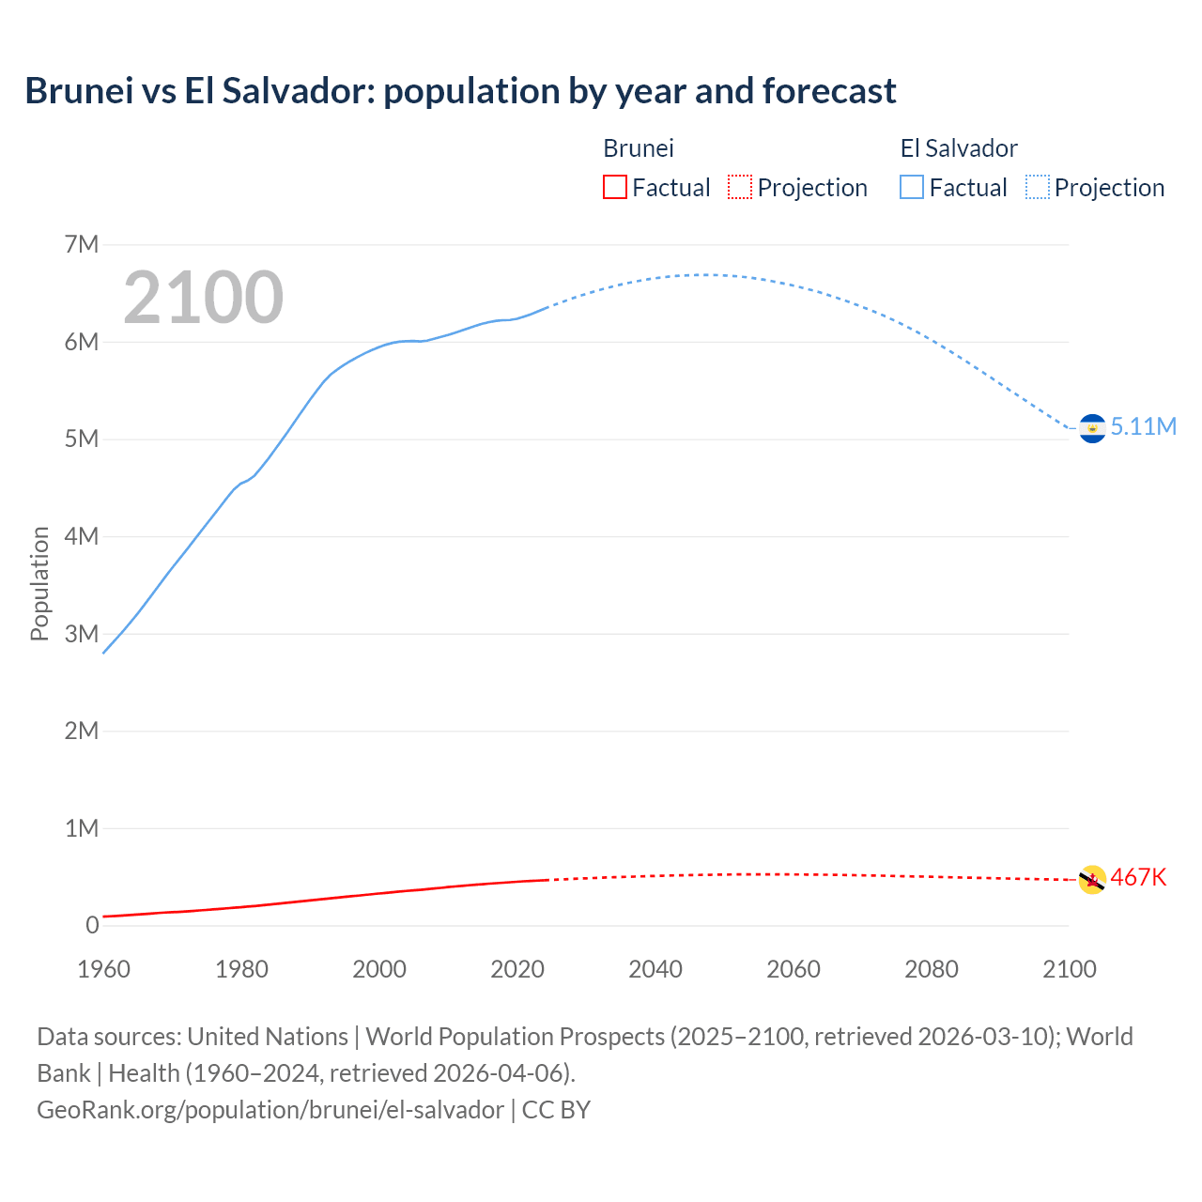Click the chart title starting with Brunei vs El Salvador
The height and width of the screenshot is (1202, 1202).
coord(460,91)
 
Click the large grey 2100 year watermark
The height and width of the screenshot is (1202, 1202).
coord(203,298)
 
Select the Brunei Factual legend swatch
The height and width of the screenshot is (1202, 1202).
coord(614,188)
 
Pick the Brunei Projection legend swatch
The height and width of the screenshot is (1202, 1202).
coord(740,188)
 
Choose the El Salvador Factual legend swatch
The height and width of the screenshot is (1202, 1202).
coord(912,188)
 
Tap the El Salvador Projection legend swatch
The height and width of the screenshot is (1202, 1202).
coord(1037,188)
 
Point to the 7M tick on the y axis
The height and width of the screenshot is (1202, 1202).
coord(82,245)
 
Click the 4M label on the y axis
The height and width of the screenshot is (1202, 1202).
coord(82,537)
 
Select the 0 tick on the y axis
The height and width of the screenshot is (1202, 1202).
coord(92,926)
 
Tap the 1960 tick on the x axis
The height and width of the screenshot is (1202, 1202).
coord(103,969)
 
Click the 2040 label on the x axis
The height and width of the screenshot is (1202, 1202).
coord(655,969)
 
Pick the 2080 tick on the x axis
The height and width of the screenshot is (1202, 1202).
coord(932,969)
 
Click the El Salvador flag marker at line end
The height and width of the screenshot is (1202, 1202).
coord(1092,428)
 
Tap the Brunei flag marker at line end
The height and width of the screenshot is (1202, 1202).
coord(1092,880)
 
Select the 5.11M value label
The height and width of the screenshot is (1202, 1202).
coord(1144,427)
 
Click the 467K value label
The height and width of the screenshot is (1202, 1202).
coord(1138,878)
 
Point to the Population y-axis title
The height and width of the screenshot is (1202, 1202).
coord(39,584)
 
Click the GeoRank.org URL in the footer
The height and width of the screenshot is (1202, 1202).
coord(270,1110)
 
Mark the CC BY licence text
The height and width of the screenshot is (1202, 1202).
coord(556,1110)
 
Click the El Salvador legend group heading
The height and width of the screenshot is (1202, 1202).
coord(959,148)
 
